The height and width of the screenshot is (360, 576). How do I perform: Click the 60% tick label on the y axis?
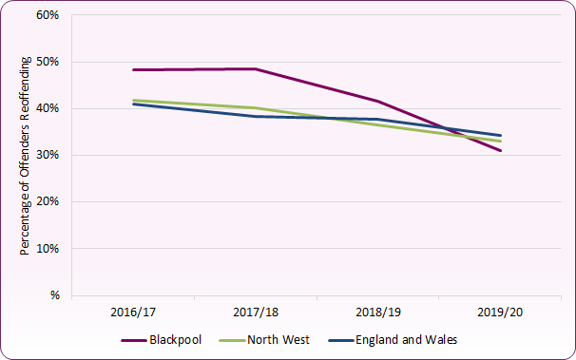[47, 16]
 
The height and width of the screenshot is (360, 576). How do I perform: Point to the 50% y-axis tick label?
[47, 63]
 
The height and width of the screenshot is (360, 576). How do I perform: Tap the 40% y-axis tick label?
[47, 109]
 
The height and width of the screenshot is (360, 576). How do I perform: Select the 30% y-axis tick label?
[47, 156]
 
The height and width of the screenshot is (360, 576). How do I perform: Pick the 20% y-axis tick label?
[47, 202]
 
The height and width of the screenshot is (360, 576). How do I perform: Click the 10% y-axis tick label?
[47, 249]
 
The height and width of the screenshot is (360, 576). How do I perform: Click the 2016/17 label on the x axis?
[133, 312]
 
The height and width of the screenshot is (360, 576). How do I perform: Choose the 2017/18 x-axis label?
[256, 312]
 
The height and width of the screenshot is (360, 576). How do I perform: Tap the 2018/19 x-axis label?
[378, 312]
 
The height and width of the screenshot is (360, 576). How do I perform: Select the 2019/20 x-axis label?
[501, 312]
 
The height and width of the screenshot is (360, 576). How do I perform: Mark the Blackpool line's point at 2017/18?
[256, 68]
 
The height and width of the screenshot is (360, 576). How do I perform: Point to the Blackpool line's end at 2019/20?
[501, 150]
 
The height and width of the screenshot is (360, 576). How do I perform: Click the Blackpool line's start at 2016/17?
[133, 69]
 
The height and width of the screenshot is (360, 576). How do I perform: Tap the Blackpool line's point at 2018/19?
[378, 101]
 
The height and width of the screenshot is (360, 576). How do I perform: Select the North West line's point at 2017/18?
[256, 107]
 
